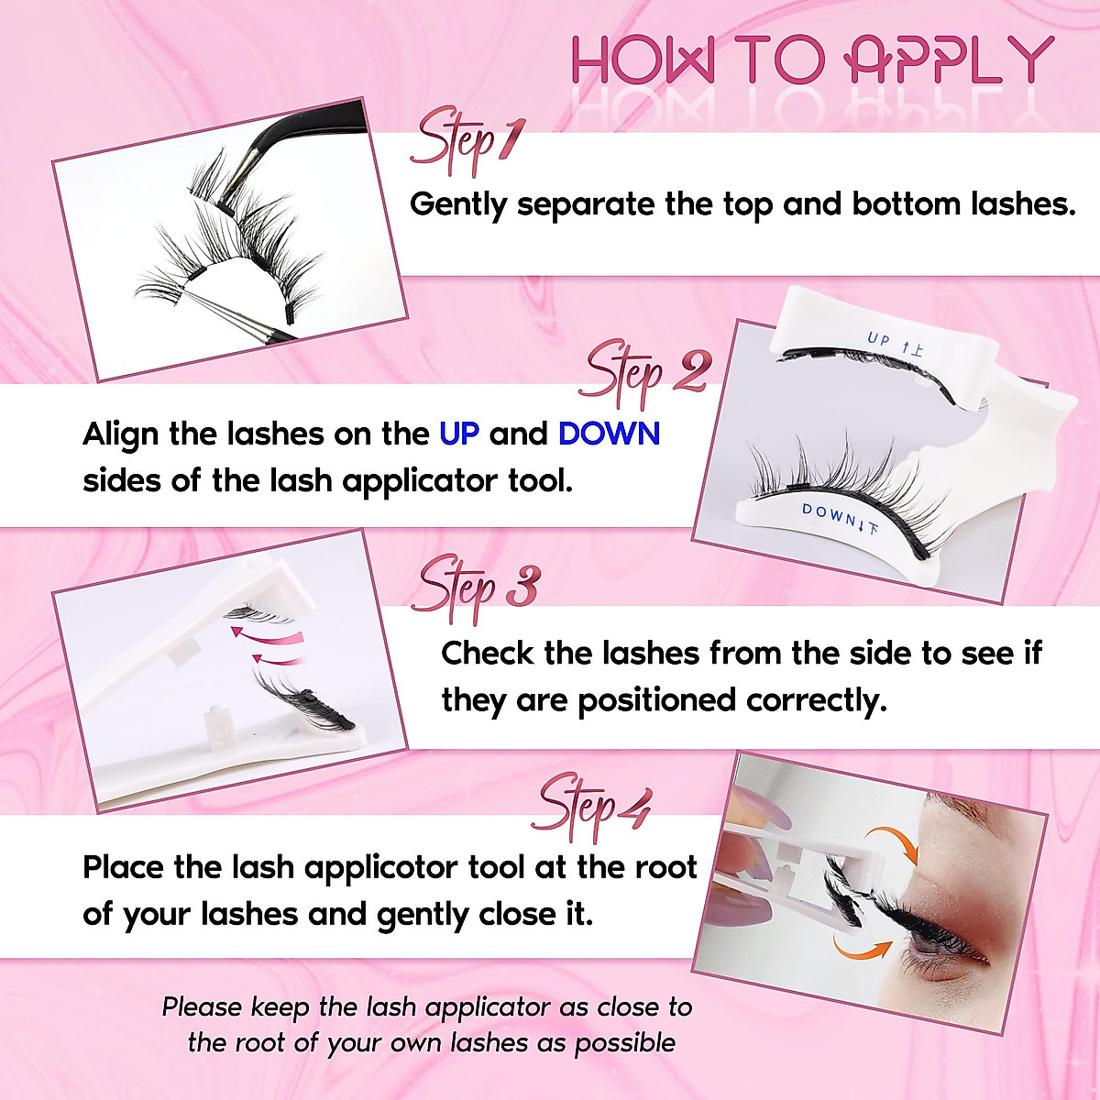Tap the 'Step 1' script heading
coord(467,142)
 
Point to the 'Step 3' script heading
coord(477,588)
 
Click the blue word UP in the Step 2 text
coord(459,433)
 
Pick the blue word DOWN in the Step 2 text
coord(609,433)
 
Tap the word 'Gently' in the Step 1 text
coord(457,204)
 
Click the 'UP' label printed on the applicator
coord(879,340)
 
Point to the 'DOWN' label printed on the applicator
coord(829,514)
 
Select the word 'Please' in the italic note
coord(202,1007)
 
